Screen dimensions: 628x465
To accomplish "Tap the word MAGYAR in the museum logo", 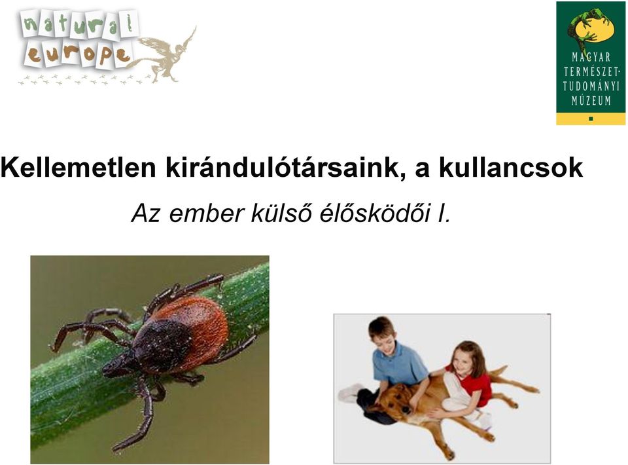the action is tap(591, 58).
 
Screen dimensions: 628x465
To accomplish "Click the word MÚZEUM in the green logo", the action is tap(591, 100).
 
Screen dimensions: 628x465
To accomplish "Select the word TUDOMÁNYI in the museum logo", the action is tap(591, 86).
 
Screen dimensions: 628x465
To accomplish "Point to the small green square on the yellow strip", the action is tap(591, 119).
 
